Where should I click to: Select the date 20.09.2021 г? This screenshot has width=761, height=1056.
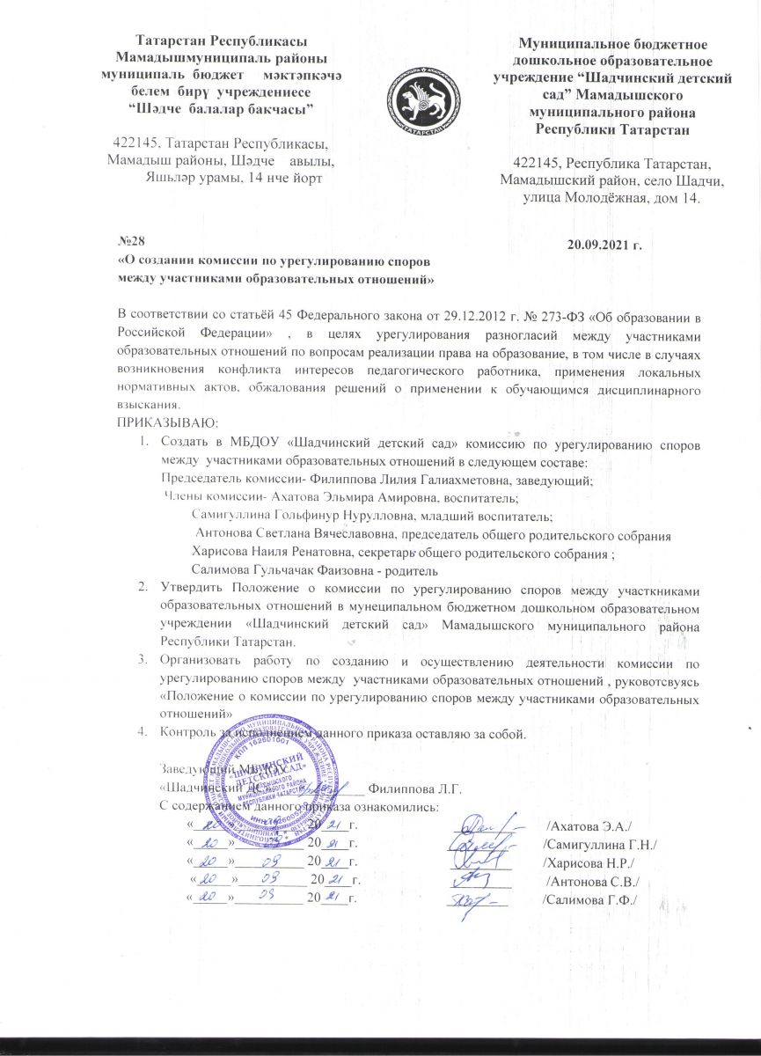pos(607,242)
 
